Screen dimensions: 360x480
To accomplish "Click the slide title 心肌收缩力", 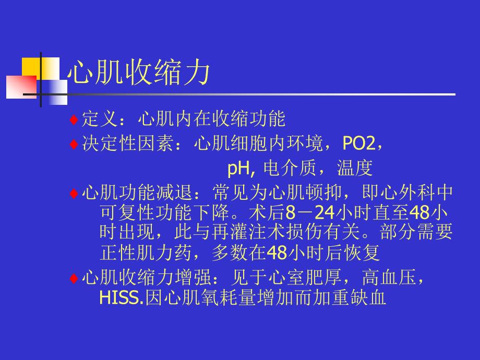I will (x=139, y=73).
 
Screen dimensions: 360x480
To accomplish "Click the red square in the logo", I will (x=20, y=87).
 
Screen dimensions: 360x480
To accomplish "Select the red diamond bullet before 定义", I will (x=74, y=119).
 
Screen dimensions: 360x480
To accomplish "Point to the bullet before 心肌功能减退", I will (x=74, y=194).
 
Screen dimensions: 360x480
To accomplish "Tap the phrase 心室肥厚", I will (x=307, y=278).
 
